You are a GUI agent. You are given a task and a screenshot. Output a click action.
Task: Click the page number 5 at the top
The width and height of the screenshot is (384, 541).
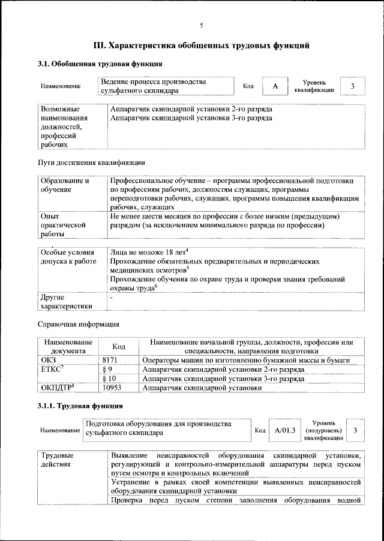point(202,25)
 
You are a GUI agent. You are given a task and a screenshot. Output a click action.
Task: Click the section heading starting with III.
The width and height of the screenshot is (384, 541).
point(202,44)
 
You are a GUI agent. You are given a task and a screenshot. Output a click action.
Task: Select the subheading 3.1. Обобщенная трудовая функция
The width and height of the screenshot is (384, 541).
point(95,64)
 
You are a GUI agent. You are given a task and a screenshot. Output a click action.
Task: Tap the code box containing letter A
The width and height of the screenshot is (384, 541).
point(275,86)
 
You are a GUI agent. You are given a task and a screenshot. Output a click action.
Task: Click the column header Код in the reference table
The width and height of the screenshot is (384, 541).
point(119,347)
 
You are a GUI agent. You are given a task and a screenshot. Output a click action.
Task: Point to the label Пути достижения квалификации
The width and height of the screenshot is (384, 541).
point(91,162)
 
